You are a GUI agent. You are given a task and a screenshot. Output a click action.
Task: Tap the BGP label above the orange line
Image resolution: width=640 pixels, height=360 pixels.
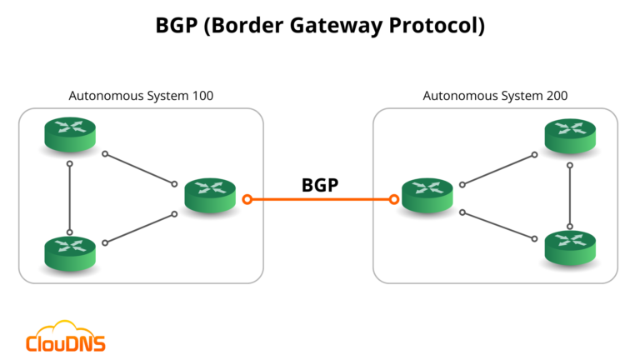pos(320,184)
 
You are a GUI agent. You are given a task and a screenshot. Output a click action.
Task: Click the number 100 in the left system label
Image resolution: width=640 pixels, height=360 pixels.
pos(202,96)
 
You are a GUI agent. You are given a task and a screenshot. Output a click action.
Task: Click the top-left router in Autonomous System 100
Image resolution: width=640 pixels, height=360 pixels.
pos(71,134)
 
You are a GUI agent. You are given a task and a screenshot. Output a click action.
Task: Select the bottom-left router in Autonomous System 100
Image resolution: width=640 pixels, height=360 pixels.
pos(71,251)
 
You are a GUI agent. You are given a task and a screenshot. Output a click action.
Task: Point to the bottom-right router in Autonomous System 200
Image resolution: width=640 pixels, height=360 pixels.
pos(570,247)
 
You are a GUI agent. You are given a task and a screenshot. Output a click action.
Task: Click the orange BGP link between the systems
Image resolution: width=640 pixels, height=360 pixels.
pos(320,200)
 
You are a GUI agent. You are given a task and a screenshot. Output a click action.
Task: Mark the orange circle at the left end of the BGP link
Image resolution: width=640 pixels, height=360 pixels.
pos(247,200)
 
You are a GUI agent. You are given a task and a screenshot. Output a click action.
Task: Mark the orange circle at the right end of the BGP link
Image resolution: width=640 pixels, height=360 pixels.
pos(393,200)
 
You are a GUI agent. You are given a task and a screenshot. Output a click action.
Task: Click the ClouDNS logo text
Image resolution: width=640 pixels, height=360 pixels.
pos(66,342)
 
